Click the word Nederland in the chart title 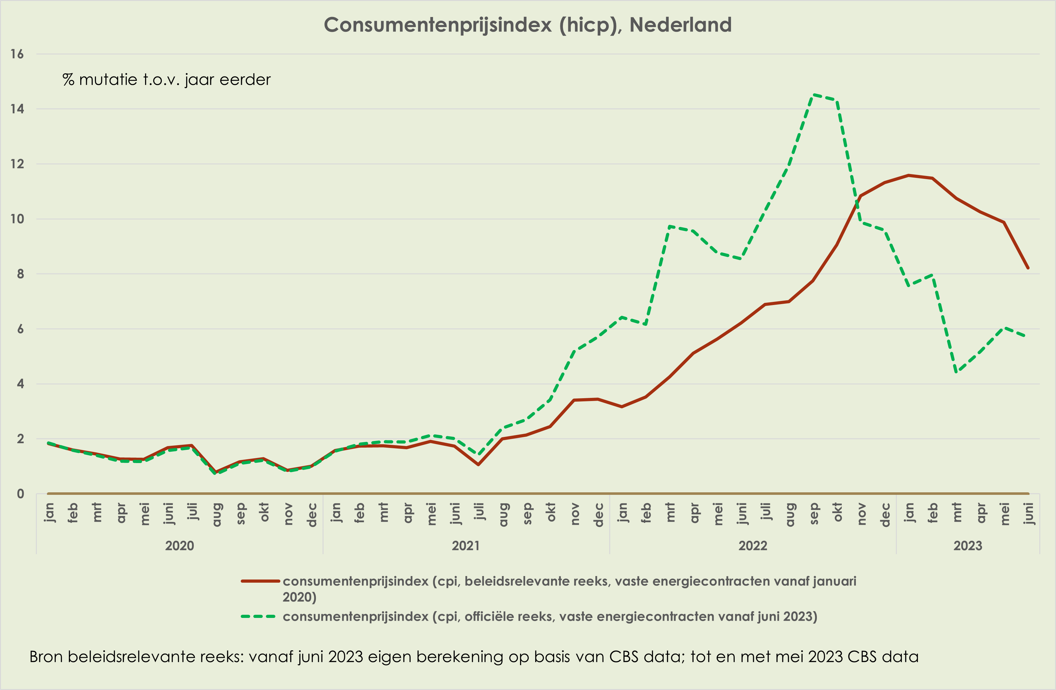click(x=680, y=25)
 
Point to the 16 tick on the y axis click(x=17, y=54)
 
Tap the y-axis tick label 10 click(x=17, y=219)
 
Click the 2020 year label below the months click(x=179, y=546)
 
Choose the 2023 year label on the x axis click(x=968, y=546)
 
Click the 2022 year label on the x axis click(x=753, y=546)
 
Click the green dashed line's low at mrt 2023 click(x=956, y=372)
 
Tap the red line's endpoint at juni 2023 click(x=1028, y=268)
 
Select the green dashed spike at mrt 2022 click(x=669, y=226)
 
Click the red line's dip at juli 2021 click(x=478, y=465)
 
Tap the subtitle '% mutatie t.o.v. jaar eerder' click(x=166, y=80)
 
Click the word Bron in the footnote click(x=46, y=657)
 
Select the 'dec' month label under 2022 click(x=885, y=515)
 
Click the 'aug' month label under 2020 click(x=216, y=515)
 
